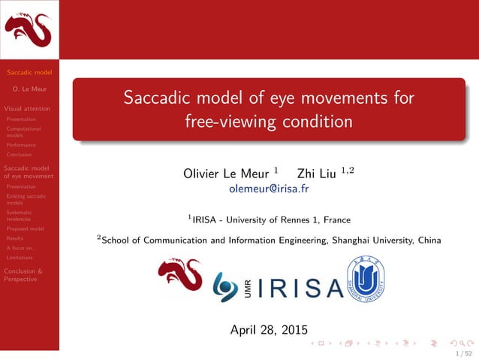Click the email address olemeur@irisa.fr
click(x=269, y=189)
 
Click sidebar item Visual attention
click(x=27, y=108)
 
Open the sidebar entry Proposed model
click(x=25, y=228)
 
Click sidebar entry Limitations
click(x=20, y=257)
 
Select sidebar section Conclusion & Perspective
click(x=23, y=274)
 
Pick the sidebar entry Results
click(x=15, y=237)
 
